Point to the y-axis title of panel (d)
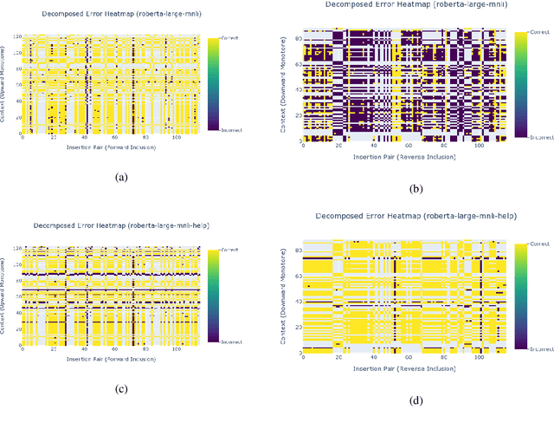[x=286, y=295]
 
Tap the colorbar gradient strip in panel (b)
[x=520, y=83]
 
